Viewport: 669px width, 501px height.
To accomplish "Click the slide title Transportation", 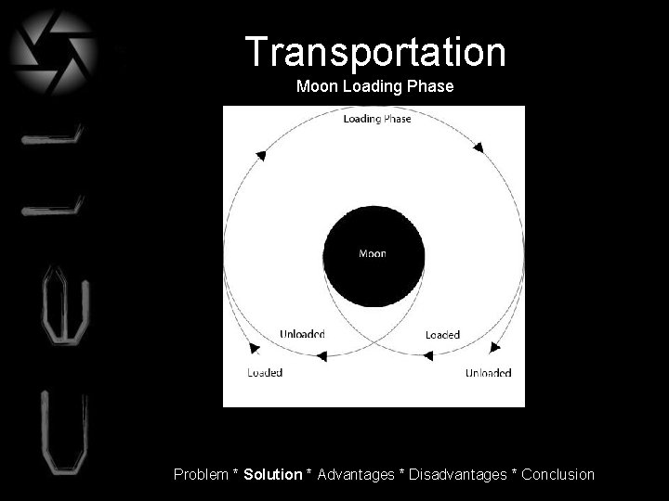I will tap(376, 52).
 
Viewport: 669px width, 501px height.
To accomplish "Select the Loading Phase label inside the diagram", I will tap(377, 119).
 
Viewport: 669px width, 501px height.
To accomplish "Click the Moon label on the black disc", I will tap(373, 253).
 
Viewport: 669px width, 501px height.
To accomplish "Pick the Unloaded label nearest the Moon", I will tap(302, 334).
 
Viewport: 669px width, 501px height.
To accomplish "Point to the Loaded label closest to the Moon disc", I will tap(442, 334).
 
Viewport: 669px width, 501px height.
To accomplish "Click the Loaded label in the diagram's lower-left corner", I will tap(265, 373).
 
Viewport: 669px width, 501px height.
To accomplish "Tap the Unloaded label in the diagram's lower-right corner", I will tap(488, 373).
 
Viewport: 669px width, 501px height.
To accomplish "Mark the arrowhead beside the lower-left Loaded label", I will tap(255, 349).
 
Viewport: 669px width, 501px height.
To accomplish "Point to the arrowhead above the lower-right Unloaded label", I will tap(494, 348).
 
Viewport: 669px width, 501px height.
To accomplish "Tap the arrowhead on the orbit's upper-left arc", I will tap(261, 155).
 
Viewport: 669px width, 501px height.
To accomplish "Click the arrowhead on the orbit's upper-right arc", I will tap(479, 147).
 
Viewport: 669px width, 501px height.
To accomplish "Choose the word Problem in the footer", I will tap(201, 474).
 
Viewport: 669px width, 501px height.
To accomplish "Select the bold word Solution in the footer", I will tap(272, 474).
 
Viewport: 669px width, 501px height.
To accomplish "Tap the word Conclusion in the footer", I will tap(557, 474).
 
